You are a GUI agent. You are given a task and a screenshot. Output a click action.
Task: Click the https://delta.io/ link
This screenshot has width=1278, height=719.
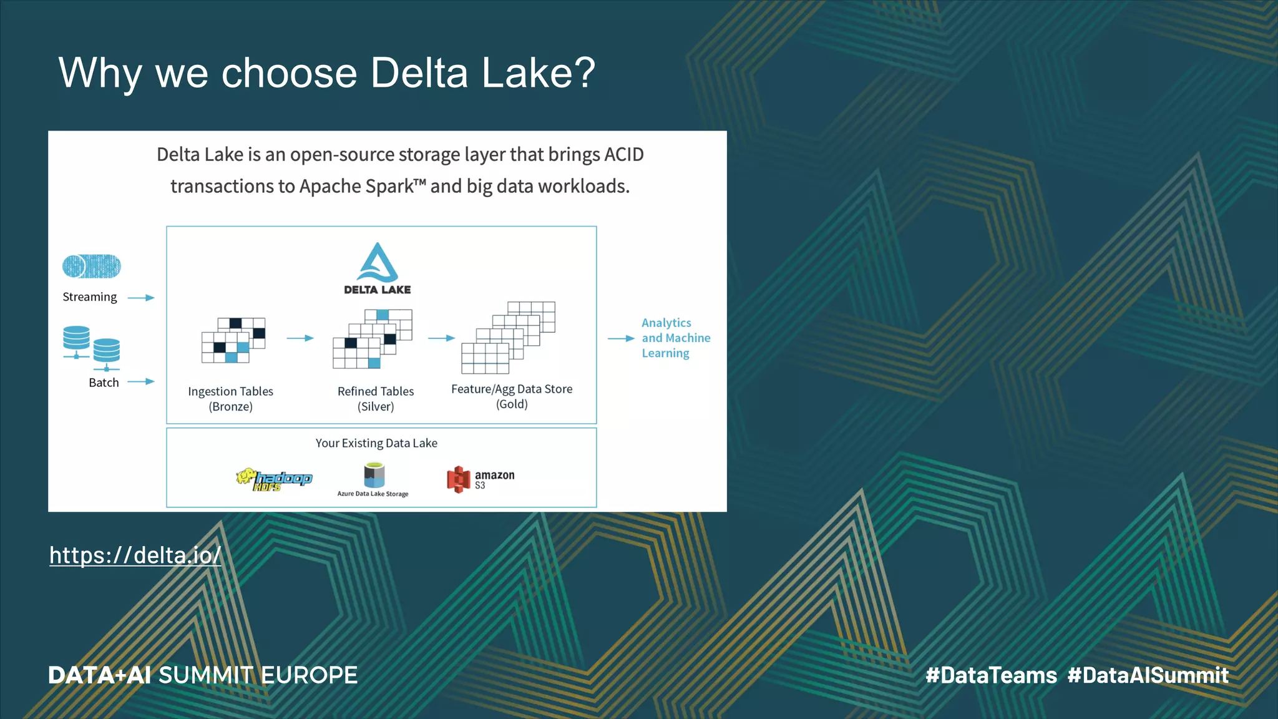click(135, 555)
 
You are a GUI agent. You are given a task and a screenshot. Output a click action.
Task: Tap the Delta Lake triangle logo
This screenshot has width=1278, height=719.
click(377, 263)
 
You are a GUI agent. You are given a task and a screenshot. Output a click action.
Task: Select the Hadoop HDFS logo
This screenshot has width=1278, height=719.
click(274, 479)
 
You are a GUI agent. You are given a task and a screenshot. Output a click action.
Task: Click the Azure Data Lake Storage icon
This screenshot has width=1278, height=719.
click(374, 476)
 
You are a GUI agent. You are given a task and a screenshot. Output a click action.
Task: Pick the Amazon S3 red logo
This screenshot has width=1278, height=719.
click(458, 479)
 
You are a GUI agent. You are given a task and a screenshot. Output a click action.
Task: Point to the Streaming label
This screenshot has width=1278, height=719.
click(90, 297)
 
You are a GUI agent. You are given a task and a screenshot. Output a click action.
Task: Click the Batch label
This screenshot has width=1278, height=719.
click(104, 383)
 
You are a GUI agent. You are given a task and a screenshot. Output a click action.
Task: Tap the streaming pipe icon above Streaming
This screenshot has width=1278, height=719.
click(92, 267)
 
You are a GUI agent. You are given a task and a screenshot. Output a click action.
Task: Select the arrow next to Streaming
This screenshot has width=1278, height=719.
click(141, 298)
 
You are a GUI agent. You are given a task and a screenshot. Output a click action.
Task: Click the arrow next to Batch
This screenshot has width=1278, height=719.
click(141, 381)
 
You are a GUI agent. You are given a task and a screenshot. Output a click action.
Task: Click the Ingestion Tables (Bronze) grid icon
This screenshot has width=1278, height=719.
click(233, 340)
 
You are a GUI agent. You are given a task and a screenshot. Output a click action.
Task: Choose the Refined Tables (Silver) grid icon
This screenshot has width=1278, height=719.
click(373, 339)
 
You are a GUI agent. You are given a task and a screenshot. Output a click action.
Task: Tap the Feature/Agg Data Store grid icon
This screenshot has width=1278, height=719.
click(508, 338)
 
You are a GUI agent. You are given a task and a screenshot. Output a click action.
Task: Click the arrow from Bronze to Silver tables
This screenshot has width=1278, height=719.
click(300, 338)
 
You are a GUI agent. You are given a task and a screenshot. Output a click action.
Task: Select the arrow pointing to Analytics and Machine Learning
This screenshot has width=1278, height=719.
click(621, 338)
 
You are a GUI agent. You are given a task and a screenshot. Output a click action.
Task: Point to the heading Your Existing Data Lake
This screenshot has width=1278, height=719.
click(376, 443)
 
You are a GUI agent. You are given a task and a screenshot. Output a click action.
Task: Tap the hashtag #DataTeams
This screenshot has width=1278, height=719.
click(991, 675)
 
